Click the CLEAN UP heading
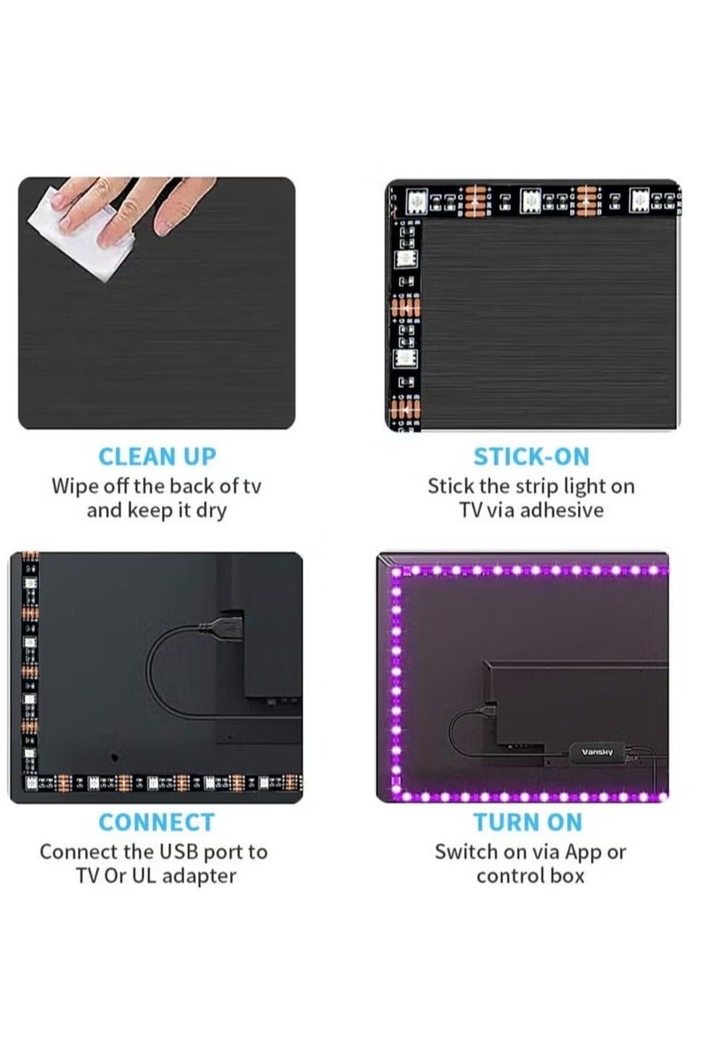pyautogui.click(x=157, y=457)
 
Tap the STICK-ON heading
pyautogui.click(x=531, y=457)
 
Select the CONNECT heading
pyautogui.click(x=157, y=822)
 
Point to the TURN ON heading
pyautogui.click(x=527, y=822)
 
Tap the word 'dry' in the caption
pyautogui.click(x=210, y=511)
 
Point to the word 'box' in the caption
pyautogui.click(x=566, y=876)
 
